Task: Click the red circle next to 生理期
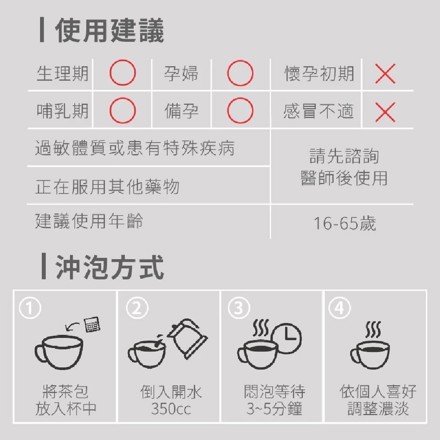coord(122,73)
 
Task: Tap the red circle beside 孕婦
coord(240,73)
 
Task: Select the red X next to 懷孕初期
coord(385,73)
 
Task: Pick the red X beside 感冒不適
coord(385,112)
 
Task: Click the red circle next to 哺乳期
coord(122,111)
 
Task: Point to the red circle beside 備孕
coord(240,111)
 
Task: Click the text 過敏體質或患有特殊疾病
coord(135,148)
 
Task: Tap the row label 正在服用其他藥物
coord(108,187)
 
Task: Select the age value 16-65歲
coord(345,224)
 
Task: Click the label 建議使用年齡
coord(89,221)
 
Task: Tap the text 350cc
coord(171,409)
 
